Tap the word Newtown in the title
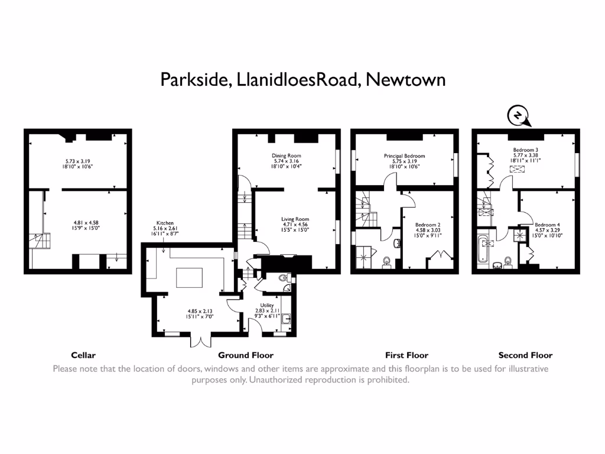pyautogui.click(x=405, y=79)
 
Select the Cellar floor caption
pyautogui.click(x=83, y=355)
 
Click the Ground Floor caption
pyautogui.click(x=246, y=355)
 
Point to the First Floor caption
pyautogui.click(x=406, y=355)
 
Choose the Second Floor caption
pyautogui.click(x=525, y=355)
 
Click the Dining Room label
pyautogui.click(x=287, y=155)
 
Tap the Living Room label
pyautogui.click(x=295, y=219)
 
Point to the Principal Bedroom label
pyautogui.click(x=404, y=156)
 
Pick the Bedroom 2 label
pyautogui.click(x=428, y=225)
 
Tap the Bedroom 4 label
pyautogui.click(x=547, y=225)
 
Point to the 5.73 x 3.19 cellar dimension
pyautogui.click(x=79, y=161)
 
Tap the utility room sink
pyautogui.click(x=287, y=320)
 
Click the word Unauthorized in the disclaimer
pyautogui.click(x=282, y=380)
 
